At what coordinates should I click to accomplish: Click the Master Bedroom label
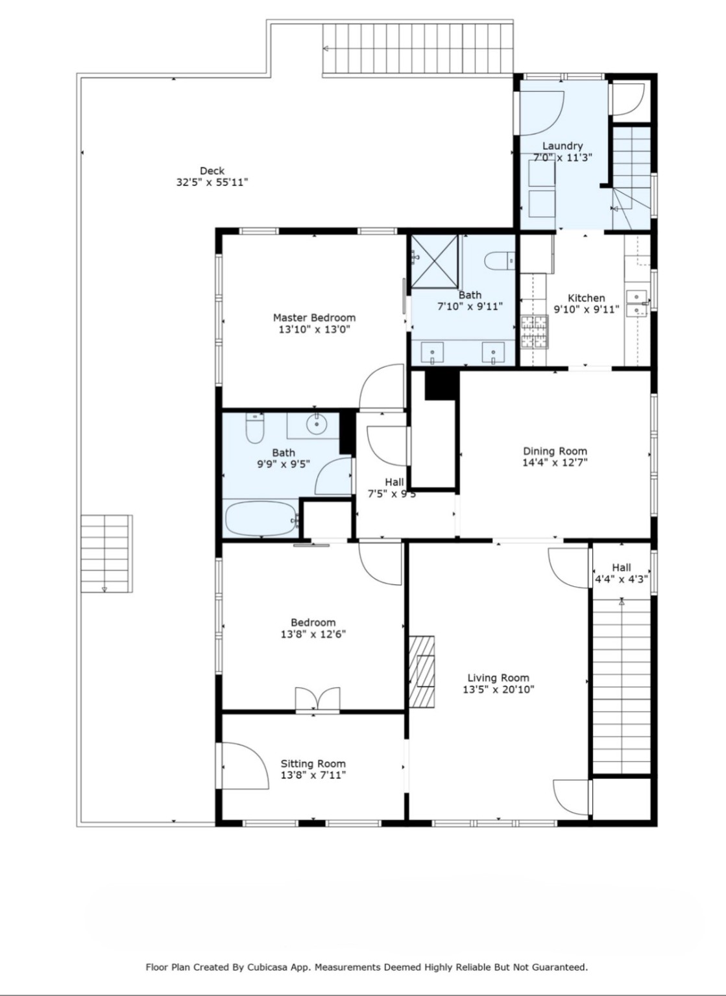[314, 318]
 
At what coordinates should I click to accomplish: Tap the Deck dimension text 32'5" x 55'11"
[212, 182]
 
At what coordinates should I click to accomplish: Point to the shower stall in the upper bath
[435, 260]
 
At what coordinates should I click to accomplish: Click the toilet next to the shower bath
[500, 261]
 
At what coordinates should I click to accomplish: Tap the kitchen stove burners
[534, 331]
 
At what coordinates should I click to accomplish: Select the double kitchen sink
[637, 305]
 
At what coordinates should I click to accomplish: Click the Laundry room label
[563, 146]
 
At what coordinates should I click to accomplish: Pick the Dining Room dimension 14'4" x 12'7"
[555, 462]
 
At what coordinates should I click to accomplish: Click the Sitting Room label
[313, 763]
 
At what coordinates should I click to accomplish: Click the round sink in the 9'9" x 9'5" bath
[317, 425]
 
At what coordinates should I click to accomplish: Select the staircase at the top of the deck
[418, 49]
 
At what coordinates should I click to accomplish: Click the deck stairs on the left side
[106, 553]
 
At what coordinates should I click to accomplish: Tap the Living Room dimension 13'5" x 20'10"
[498, 689]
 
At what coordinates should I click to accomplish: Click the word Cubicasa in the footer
[269, 967]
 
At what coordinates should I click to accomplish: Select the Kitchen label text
[586, 298]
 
